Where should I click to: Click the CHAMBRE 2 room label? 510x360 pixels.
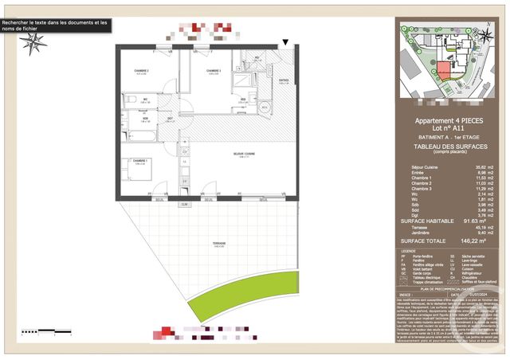(142, 71)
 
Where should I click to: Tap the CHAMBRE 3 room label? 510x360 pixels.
(213, 71)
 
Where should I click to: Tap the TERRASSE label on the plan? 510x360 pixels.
(219, 244)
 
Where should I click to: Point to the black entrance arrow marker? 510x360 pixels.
(285, 42)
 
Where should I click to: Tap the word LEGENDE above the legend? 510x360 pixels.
(408, 250)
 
